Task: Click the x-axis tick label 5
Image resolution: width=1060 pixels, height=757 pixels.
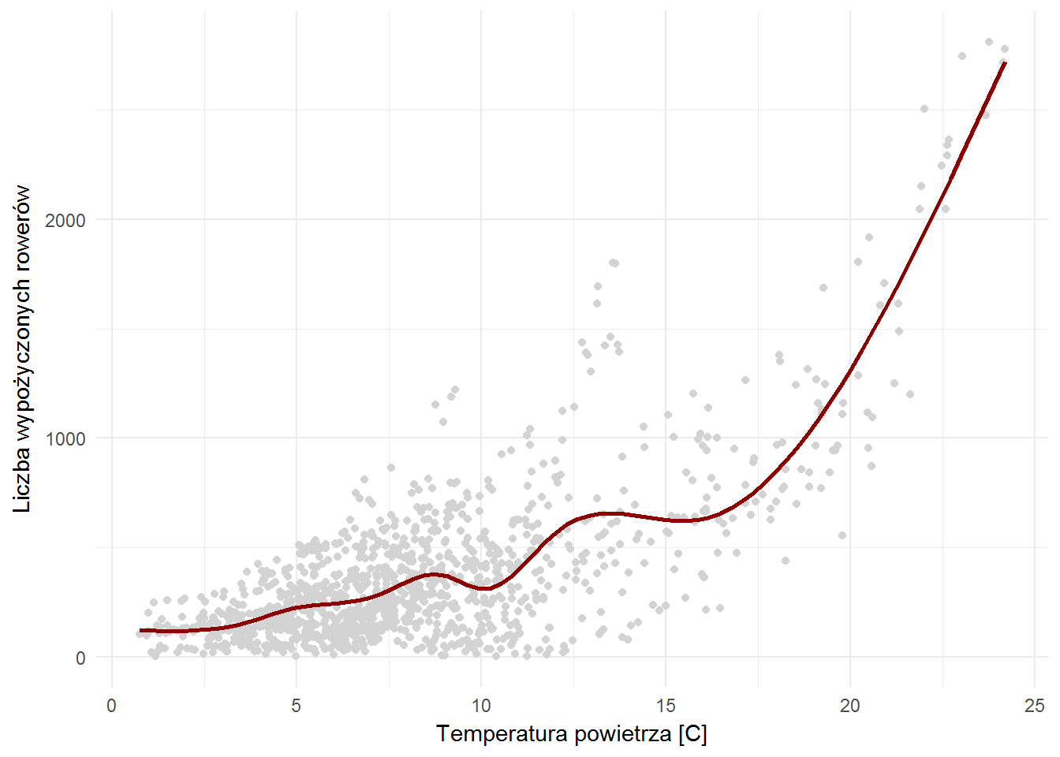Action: [x=297, y=707]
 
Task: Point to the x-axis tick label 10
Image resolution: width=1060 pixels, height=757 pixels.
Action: [x=481, y=707]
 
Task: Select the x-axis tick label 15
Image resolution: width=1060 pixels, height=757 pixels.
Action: [x=666, y=707]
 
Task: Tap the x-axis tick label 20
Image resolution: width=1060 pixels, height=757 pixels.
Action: [x=850, y=707]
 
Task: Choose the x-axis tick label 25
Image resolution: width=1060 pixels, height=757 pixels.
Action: [x=1035, y=707]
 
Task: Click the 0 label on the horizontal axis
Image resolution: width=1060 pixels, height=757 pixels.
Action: [x=112, y=707]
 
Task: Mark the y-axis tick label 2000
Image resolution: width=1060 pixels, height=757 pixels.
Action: [x=65, y=220]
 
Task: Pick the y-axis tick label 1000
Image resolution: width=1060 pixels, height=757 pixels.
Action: [x=65, y=438]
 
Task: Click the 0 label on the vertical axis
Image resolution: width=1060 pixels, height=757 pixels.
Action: [x=80, y=658]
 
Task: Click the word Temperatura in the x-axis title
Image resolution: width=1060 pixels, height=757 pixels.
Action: [x=502, y=734]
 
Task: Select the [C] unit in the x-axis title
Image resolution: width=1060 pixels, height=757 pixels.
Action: [x=692, y=735]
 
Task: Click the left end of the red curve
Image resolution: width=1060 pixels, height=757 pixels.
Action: [x=140, y=631]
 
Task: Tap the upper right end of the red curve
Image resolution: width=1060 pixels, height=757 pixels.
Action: [x=1005, y=63]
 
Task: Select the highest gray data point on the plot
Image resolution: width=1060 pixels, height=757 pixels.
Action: [x=988, y=42]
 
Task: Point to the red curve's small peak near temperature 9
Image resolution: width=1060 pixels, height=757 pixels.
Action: [x=433, y=574]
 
